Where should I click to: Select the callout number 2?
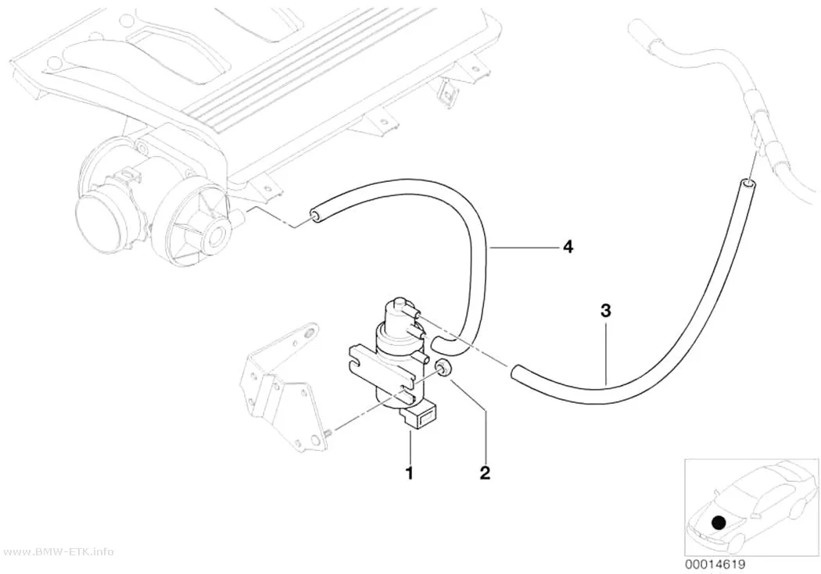click(x=485, y=472)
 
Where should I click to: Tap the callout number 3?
click(x=605, y=311)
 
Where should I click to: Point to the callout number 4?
click(x=568, y=246)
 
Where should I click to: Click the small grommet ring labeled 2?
click(x=443, y=368)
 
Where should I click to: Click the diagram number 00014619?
click(x=715, y=565)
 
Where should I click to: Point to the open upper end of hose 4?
click(x=316, y=216)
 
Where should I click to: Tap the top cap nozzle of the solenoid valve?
click(x=399, y=303)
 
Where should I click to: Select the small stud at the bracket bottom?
click(x=328, y=433)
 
